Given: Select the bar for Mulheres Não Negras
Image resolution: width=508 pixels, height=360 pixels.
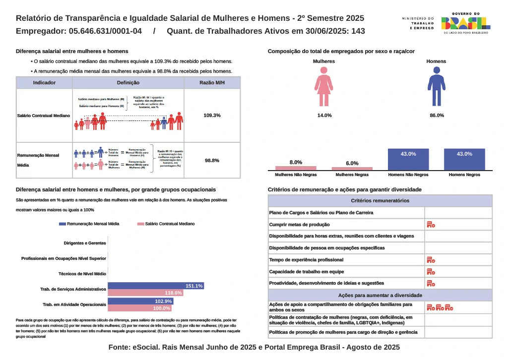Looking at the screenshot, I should point(296,168).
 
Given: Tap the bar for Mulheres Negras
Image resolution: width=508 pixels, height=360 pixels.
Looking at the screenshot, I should point(352,169).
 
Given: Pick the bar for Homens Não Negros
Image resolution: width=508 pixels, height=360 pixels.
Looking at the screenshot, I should point(408,159).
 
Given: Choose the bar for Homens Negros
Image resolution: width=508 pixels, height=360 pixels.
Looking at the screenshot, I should point(464,159).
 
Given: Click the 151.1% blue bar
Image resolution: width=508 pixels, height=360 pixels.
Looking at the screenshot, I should point(156,286).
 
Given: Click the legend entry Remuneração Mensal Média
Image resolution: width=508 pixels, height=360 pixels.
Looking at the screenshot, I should point(89,224).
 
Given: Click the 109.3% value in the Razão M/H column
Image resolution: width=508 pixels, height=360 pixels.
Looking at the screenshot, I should point(212,115).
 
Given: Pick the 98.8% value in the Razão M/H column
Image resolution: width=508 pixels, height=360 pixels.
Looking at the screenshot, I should point(212,160).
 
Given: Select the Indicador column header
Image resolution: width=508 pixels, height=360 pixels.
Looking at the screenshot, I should point(44,83).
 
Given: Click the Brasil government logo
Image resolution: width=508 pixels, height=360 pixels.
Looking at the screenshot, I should point(465,23).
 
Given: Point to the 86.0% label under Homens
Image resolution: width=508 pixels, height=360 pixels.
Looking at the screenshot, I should point(437,115).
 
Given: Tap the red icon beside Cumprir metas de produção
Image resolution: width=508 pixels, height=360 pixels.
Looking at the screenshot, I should point(431,225).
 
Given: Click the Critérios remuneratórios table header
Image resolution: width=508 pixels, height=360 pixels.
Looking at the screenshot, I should point(380,201).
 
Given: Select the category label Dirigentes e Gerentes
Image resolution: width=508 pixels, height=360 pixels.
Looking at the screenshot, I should point(85,243).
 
